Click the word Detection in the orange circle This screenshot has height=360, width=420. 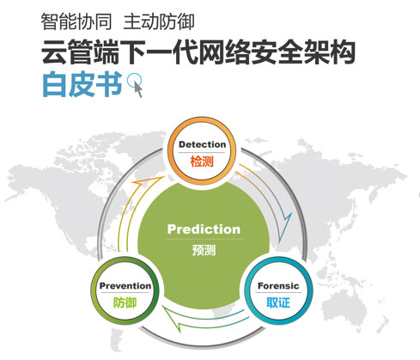[202, 144]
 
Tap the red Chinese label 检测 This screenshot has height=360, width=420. [202, 161]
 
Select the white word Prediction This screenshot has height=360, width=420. [204, 229]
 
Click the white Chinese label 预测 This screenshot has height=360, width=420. [204, 250]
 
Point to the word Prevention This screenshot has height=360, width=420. [125, 286]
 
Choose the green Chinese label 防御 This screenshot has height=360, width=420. [125, 302]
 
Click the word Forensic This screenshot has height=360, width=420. [278, 286]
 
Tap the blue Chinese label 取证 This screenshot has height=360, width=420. [278, 302]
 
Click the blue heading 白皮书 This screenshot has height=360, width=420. [82, 84]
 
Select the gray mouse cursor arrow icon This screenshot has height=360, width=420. [138, 88]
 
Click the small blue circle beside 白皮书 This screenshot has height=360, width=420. [134, 80]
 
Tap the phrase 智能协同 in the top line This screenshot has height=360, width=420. [76, 21]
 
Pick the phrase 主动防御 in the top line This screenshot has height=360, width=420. [159, 21]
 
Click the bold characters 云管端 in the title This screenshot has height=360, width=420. [80, 52]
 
